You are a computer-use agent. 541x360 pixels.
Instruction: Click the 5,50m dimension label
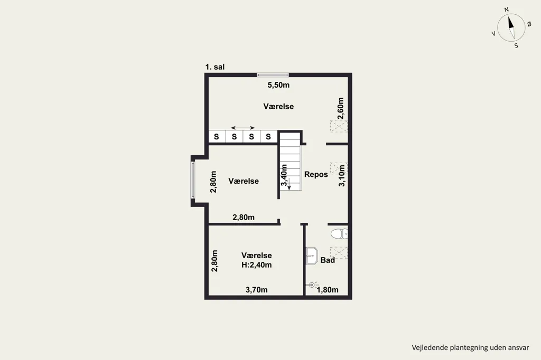[278, 85]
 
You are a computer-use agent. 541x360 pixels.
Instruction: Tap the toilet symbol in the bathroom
[339, 234]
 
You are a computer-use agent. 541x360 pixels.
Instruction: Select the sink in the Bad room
[312, 256]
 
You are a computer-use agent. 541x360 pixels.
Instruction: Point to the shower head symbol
[312, 285]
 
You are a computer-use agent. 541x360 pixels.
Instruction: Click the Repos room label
[316, 175]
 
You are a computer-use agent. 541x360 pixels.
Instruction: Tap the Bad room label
[328, 260]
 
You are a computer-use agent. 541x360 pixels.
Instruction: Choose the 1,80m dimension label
[328, 290]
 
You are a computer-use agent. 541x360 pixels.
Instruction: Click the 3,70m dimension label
[256, 290]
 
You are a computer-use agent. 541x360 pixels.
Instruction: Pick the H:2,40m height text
[256, 265]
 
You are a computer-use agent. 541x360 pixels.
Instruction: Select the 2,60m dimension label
[341, 108]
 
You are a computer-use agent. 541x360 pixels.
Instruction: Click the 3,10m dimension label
[342, 176]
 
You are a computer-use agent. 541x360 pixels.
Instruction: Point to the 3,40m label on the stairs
[284, 175]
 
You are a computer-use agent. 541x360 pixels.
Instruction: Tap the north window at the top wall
[273, 75]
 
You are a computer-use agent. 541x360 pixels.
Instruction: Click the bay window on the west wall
[193, 180]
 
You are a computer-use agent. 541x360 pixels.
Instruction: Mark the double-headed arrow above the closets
[243, 128]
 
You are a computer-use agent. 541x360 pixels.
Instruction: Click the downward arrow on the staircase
[289, 183]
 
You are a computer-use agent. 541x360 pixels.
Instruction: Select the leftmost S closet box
[217, 137]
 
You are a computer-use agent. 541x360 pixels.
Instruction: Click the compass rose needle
[511, 27]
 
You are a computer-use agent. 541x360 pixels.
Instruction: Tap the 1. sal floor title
[215, 67]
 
